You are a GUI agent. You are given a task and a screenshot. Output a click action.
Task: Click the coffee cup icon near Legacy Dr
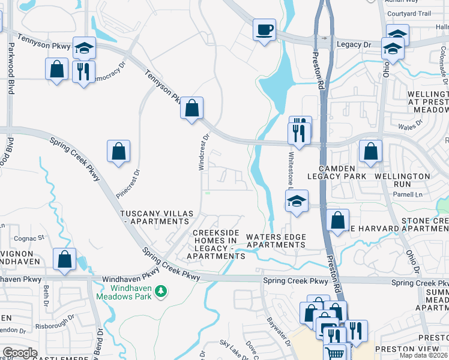(x=264, y=29)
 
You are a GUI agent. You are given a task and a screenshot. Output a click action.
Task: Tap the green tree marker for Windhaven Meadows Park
(x=160, y=292)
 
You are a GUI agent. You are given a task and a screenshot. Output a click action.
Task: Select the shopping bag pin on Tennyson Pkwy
(x=191, y=109)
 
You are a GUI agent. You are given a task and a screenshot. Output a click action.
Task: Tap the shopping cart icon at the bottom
(x=336, y=353)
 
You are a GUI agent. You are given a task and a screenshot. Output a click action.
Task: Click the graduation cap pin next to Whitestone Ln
(x=297, y=202)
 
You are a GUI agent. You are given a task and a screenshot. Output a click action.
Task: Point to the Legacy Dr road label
(x=354, y=44)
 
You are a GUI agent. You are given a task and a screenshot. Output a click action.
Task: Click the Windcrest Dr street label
(x=204, y=152)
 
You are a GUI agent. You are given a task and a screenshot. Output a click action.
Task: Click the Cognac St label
(x=33, y=238)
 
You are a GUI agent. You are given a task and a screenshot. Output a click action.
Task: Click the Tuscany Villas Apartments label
(x=156, y=217)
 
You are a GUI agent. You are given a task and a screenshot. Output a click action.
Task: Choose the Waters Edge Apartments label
(x=276, y=241)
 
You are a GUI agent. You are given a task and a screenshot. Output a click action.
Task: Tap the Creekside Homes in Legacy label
(x=215, y=244)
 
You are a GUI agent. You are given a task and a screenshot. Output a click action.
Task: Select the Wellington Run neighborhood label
(x=402, y=176)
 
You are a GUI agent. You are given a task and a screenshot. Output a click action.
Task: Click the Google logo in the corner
(x=20, y=353)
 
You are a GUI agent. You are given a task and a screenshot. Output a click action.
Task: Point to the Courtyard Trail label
(x=409, y=13)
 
